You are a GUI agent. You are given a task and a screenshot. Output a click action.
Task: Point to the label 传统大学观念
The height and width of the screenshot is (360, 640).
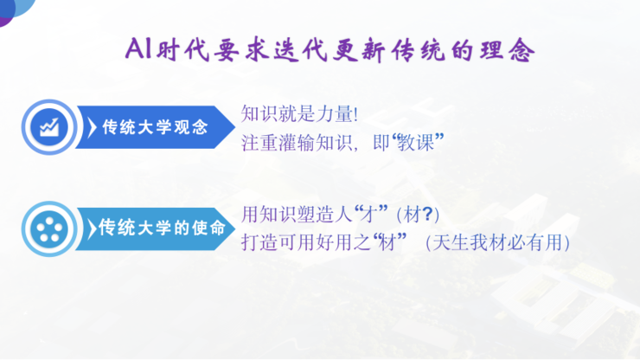tap(156, 127)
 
